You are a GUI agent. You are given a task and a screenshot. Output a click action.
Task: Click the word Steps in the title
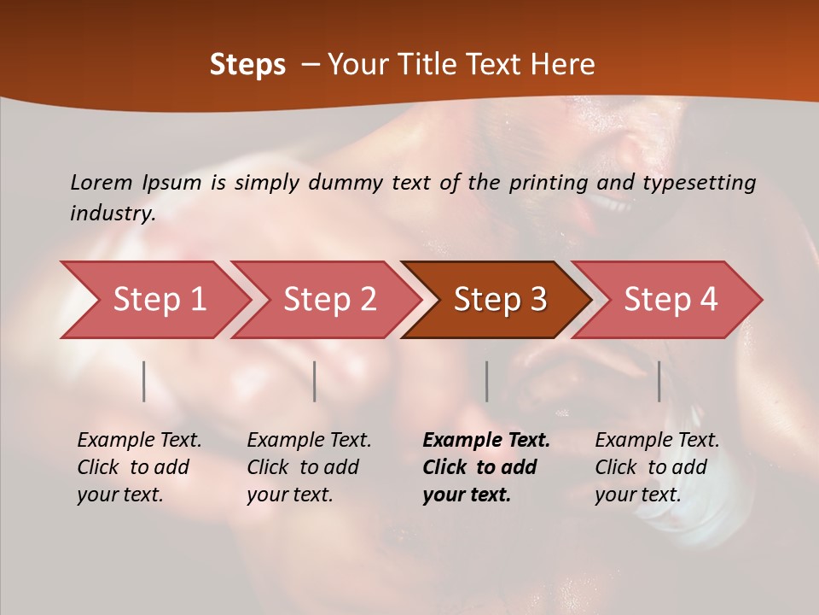point(247,65)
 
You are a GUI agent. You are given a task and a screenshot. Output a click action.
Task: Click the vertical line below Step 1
point(144,381)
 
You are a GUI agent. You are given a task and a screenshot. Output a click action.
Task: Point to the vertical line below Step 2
point(315,381)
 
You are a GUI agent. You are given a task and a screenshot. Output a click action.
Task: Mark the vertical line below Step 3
point(487,381)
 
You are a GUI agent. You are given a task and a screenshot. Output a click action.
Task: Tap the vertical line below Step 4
point(659,381)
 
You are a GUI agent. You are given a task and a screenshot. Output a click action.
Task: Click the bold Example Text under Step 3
point(486,441)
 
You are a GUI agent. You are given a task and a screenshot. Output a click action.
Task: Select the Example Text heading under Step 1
point(139,441)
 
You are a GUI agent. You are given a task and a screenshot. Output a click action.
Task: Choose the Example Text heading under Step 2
point(309,441)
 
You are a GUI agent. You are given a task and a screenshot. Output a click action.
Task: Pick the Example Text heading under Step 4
point(657,441)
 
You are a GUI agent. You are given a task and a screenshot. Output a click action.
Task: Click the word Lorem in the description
point(102,182)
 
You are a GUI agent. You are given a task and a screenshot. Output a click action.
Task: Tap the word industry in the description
point(113,214)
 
